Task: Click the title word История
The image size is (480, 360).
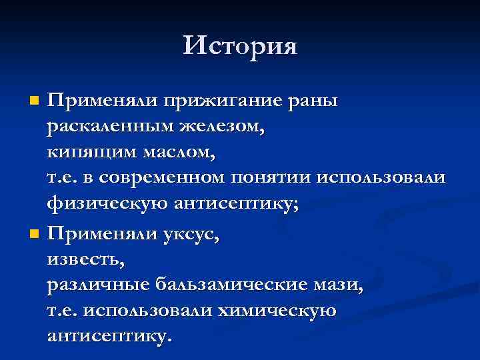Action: (x=240, y=46)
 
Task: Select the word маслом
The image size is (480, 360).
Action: (x=181, y=153)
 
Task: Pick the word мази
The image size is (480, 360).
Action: (x=344, y=285)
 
